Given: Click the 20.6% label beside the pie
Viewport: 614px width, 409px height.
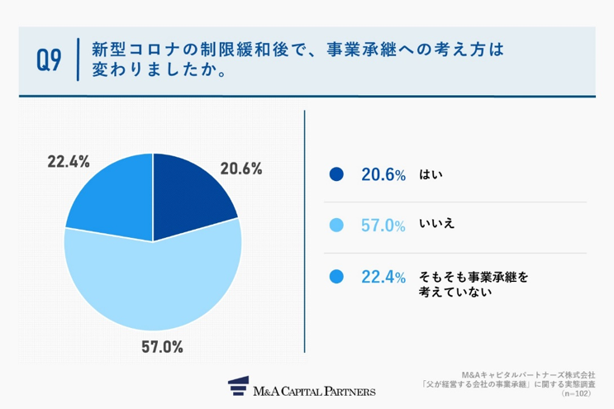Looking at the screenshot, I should [x=240, y=169].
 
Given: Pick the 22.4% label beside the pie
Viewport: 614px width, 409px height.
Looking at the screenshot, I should [x=69, y=162].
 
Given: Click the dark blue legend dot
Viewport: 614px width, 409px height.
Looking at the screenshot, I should [x=336, y=174].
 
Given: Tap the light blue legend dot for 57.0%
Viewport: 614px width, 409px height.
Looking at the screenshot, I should [x=336, y=225].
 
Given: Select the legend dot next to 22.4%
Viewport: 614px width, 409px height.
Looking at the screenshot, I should [x=336, y=276].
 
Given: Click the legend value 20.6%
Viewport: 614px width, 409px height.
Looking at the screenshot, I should [x=383, y=174].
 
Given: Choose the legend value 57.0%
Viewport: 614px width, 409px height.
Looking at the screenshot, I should [x=383, y=225].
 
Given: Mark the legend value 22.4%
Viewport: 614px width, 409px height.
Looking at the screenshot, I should [x=383, y=276].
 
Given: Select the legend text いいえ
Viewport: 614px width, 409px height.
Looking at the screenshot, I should [x=437, y=225].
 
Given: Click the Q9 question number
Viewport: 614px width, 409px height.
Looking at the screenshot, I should [x=49, y=60].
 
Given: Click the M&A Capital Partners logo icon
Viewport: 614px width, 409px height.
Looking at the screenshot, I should [x=239, y=388].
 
